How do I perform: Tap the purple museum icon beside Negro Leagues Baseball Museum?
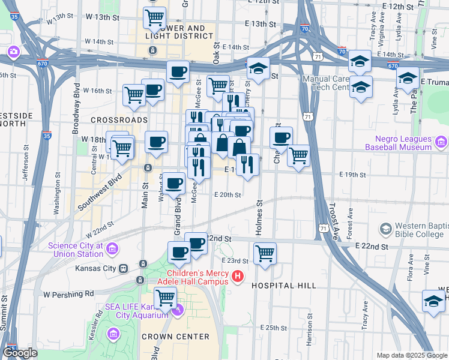[442, 142]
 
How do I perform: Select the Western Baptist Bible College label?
[417, 229]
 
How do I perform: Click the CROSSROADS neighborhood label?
[119, 120]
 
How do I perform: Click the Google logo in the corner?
[20, 353]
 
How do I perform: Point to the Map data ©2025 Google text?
[411, 355]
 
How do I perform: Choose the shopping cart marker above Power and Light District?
[155, 18]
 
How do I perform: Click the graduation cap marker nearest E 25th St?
[433, 301]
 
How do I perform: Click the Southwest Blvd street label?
[99, 192]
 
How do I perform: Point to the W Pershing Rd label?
[69, 294]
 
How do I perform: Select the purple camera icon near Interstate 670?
[13, 52]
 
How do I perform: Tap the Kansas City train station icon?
[123, 268]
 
